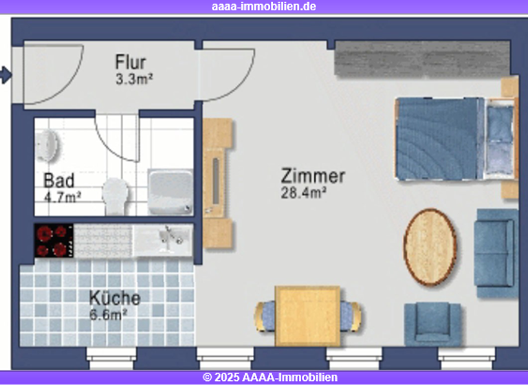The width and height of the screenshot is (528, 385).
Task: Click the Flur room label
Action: tap(130, 63)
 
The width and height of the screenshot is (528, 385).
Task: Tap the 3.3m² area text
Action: tap(133, 79)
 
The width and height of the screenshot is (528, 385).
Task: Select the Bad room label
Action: tap(58, 181)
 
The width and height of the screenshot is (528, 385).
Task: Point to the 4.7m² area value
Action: tap(63, 197)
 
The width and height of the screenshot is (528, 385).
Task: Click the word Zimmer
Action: tap(313, 177)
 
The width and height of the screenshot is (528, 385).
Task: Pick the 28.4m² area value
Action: tap(303, 193)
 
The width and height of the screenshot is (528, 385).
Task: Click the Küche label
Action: tap(115, 298)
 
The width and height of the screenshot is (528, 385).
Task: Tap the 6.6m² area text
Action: tap(109, 315)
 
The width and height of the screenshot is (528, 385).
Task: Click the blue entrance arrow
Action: tap(5, 74)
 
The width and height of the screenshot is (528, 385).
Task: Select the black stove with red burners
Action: tap(54, 241)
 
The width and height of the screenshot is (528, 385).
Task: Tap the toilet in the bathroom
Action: tap(116, 195)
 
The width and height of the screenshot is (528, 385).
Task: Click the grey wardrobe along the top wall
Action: tap(421, 59)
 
